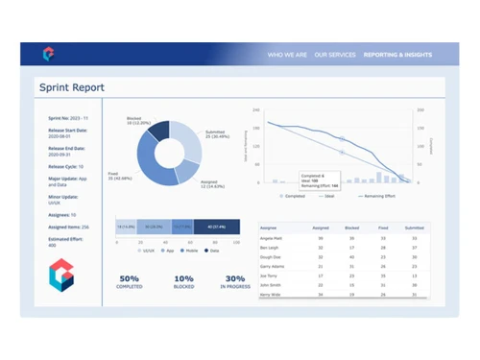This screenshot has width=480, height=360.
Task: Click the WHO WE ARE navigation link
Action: [x=287, y=55]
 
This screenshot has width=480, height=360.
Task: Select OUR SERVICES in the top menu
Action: [x=335, y=55]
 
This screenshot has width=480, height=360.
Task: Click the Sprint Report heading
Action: [x=73, y=87]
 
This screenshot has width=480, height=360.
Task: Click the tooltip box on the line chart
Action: [x=320, y=180]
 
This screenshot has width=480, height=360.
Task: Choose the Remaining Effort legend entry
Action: [x=374, y=195]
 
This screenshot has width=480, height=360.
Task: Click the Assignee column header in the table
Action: [x=271, y=228]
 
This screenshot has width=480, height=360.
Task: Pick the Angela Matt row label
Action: [x=273, y=237]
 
